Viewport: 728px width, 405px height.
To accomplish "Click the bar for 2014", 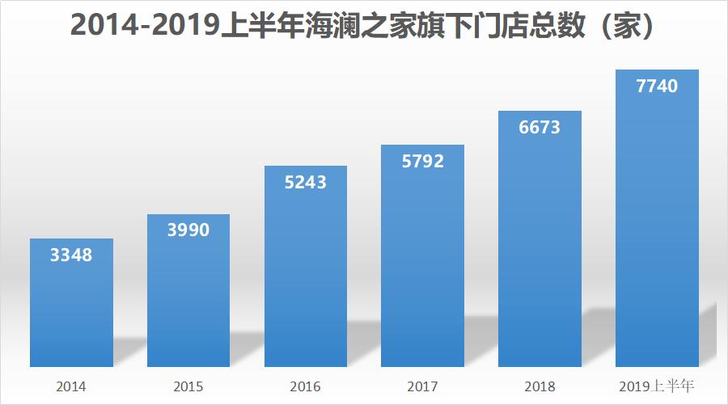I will (x=71, y=303).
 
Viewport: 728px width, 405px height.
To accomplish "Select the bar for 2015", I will (x=188, y=291).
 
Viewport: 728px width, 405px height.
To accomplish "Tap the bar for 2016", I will (x=306, y=267).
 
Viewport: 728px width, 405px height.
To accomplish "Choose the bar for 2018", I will (x=540, y=239).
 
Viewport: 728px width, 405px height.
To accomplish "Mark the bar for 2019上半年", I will (x=657, y=218).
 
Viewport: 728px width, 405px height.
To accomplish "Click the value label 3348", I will (x=71, y=256).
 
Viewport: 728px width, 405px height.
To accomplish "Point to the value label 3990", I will (x=188, y=231).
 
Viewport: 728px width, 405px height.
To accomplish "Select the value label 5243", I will (x=306, y=183).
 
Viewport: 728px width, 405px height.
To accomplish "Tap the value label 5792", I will (x=423, y=162).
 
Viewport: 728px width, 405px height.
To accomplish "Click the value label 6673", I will (x=540, y=128).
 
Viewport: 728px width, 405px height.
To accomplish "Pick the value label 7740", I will (x=657, y=86).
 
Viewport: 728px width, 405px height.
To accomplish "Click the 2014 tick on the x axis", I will (x=71, y=386).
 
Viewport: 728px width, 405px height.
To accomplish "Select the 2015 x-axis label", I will (x=188, y=386).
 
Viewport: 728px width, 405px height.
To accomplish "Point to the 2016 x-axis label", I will (x=306, y=386).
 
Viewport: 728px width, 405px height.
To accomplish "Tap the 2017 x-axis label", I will (x=423, y=386).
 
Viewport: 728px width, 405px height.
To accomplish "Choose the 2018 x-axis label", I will (x=540, y=386).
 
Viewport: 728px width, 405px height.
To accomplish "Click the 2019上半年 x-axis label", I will (x=657, y=386).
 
